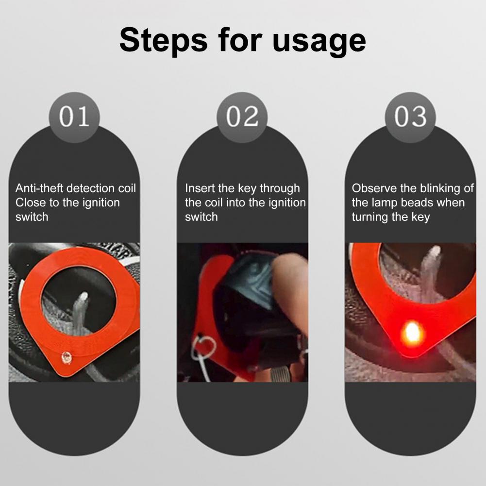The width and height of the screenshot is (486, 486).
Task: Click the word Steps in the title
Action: (x=163, y=40)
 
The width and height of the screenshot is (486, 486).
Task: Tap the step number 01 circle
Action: (x=74, y=117)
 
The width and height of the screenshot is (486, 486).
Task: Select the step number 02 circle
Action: (x=242, y=117)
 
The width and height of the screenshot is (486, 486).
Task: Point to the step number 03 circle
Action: (x=410, y=117)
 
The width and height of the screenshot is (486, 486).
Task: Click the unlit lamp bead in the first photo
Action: (x=67, y=358)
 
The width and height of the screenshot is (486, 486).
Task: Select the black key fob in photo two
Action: (x=248, y=298)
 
